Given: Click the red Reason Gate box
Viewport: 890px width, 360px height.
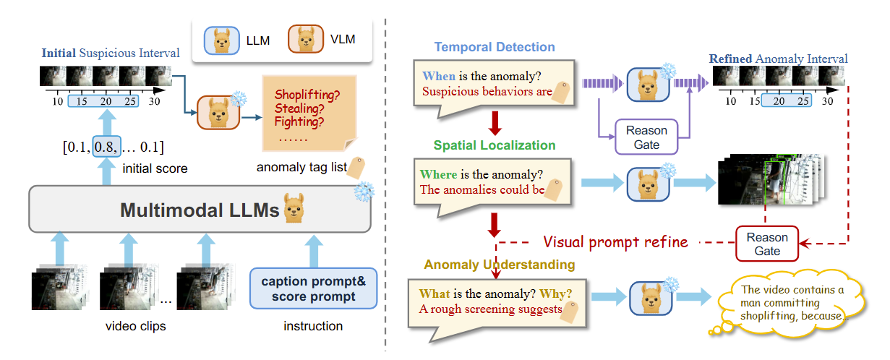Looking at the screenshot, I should (x=767, y=244).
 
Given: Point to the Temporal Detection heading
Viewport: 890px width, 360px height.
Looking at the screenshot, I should (x=494, y=48).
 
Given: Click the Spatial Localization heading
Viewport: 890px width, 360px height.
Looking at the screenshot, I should (x=495, y=145).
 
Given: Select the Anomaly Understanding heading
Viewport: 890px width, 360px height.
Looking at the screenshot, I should (x=499, y=265).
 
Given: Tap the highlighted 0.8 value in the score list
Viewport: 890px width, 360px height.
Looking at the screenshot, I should (x=106, y=147).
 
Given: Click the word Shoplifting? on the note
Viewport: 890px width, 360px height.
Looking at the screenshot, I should (x=307, y=95).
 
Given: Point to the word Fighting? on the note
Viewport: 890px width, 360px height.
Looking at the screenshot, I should (x=301, y=122).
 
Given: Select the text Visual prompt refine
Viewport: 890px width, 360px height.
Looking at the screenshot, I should (x=615, y=241).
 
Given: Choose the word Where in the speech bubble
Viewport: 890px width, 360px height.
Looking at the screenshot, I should (x=438, y=174).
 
